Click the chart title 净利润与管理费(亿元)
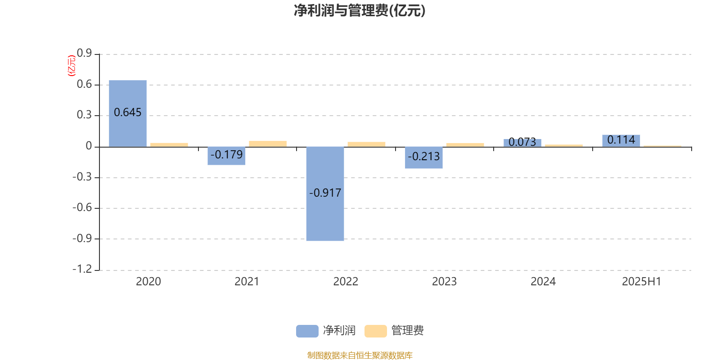point(360,11)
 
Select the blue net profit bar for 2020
point(128,113)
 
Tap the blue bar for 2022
point(325,194)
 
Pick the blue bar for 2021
point(226,156)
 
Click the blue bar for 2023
point(423,157)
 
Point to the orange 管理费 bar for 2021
point(268,144)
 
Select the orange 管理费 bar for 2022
point(366,144)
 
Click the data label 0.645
point(128,112)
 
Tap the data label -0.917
point(325,193)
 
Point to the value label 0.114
point(621,140)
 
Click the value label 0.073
point(522,142)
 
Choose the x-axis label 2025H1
point(642,282)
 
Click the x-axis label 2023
point(444,282)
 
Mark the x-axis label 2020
point(148,282)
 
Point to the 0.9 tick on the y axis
point(84,53)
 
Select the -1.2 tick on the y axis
point(82,269)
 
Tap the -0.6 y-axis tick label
point(82,207)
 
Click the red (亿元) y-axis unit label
point(72,66)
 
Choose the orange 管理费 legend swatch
point(375,331)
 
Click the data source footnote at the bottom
point(360,355)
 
